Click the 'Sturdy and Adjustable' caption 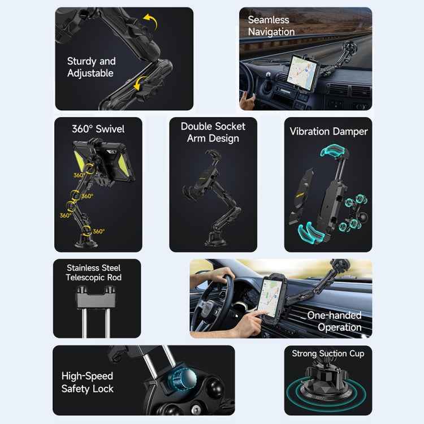pos(91,67)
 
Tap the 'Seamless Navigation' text pos(271,26)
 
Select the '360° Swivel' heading pos(98,129)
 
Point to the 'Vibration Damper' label pos(328,131)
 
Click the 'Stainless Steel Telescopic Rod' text pos(94,272)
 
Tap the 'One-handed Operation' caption pos(334,321)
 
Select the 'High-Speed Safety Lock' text pos(88,382)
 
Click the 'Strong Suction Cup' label pos(328,353)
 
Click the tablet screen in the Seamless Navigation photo pos(304,72)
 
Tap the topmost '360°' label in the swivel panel pos(79,175)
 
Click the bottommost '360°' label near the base pos(98,231)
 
